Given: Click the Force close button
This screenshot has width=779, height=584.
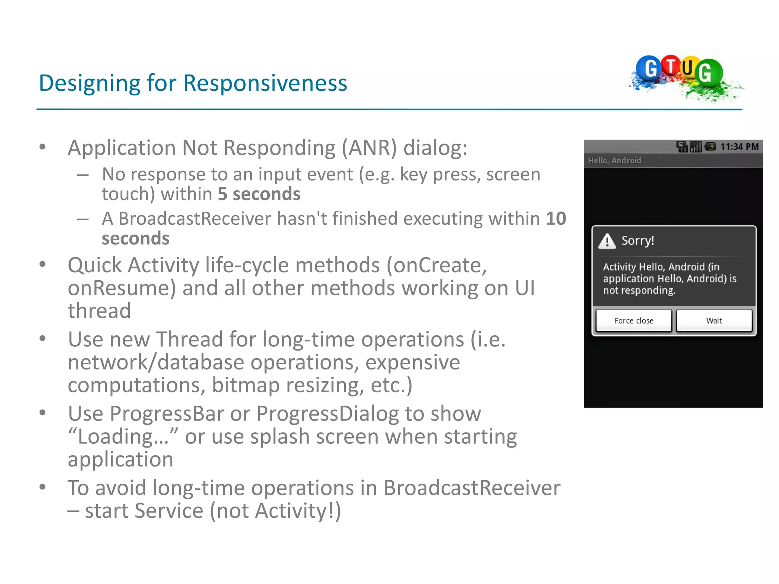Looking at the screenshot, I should (634, 321).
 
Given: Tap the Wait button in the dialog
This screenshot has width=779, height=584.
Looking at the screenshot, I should (714, 321).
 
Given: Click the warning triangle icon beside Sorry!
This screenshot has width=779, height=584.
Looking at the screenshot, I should (607, 241).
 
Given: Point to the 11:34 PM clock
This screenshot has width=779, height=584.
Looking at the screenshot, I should (739, 147).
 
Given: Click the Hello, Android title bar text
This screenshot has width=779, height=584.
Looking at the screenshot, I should (614, 160).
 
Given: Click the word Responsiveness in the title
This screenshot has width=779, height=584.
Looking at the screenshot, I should (265, 83).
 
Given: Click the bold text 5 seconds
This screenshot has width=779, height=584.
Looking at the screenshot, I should (259, 194).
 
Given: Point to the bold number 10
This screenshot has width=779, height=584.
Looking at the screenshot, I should (556, 219).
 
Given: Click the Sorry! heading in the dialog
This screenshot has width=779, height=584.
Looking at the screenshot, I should (638, 241).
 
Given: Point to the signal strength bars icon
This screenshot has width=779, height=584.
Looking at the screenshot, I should (696, 147).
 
